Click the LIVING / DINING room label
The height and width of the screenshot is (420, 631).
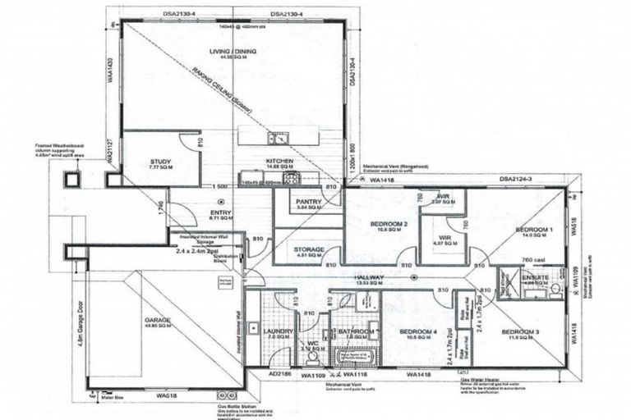233,52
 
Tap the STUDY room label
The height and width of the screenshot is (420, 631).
159,162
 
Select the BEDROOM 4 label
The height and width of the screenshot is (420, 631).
418,331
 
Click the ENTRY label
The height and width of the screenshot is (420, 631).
200,215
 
